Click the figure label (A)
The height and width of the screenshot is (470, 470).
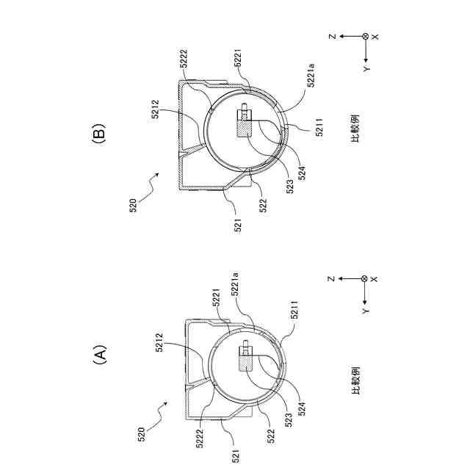click(x=100, y=357)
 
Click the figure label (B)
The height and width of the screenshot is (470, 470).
click(x=100, y=135)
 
